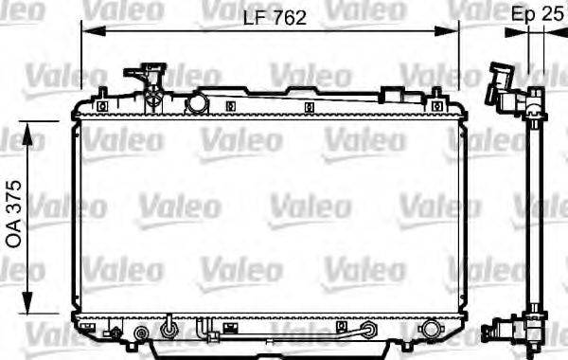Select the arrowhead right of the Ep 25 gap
[x=553, y=31]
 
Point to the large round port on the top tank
[x=198, y=100]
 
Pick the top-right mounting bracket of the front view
[x=436, y=95]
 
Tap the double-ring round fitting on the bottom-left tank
[x=143, y=333]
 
